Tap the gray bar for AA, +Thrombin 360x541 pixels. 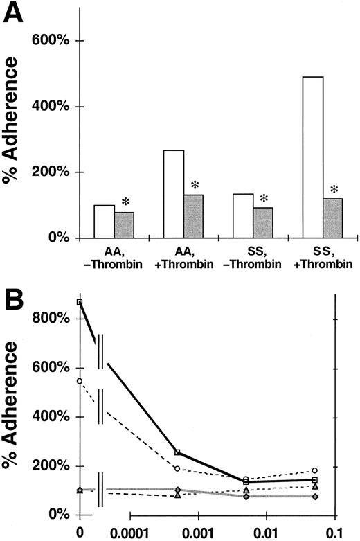pos(193,216)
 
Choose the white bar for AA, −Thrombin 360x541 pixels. pos(105,222)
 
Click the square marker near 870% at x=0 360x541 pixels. pos(80,302)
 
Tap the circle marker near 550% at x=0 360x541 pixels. pos(80,381)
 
